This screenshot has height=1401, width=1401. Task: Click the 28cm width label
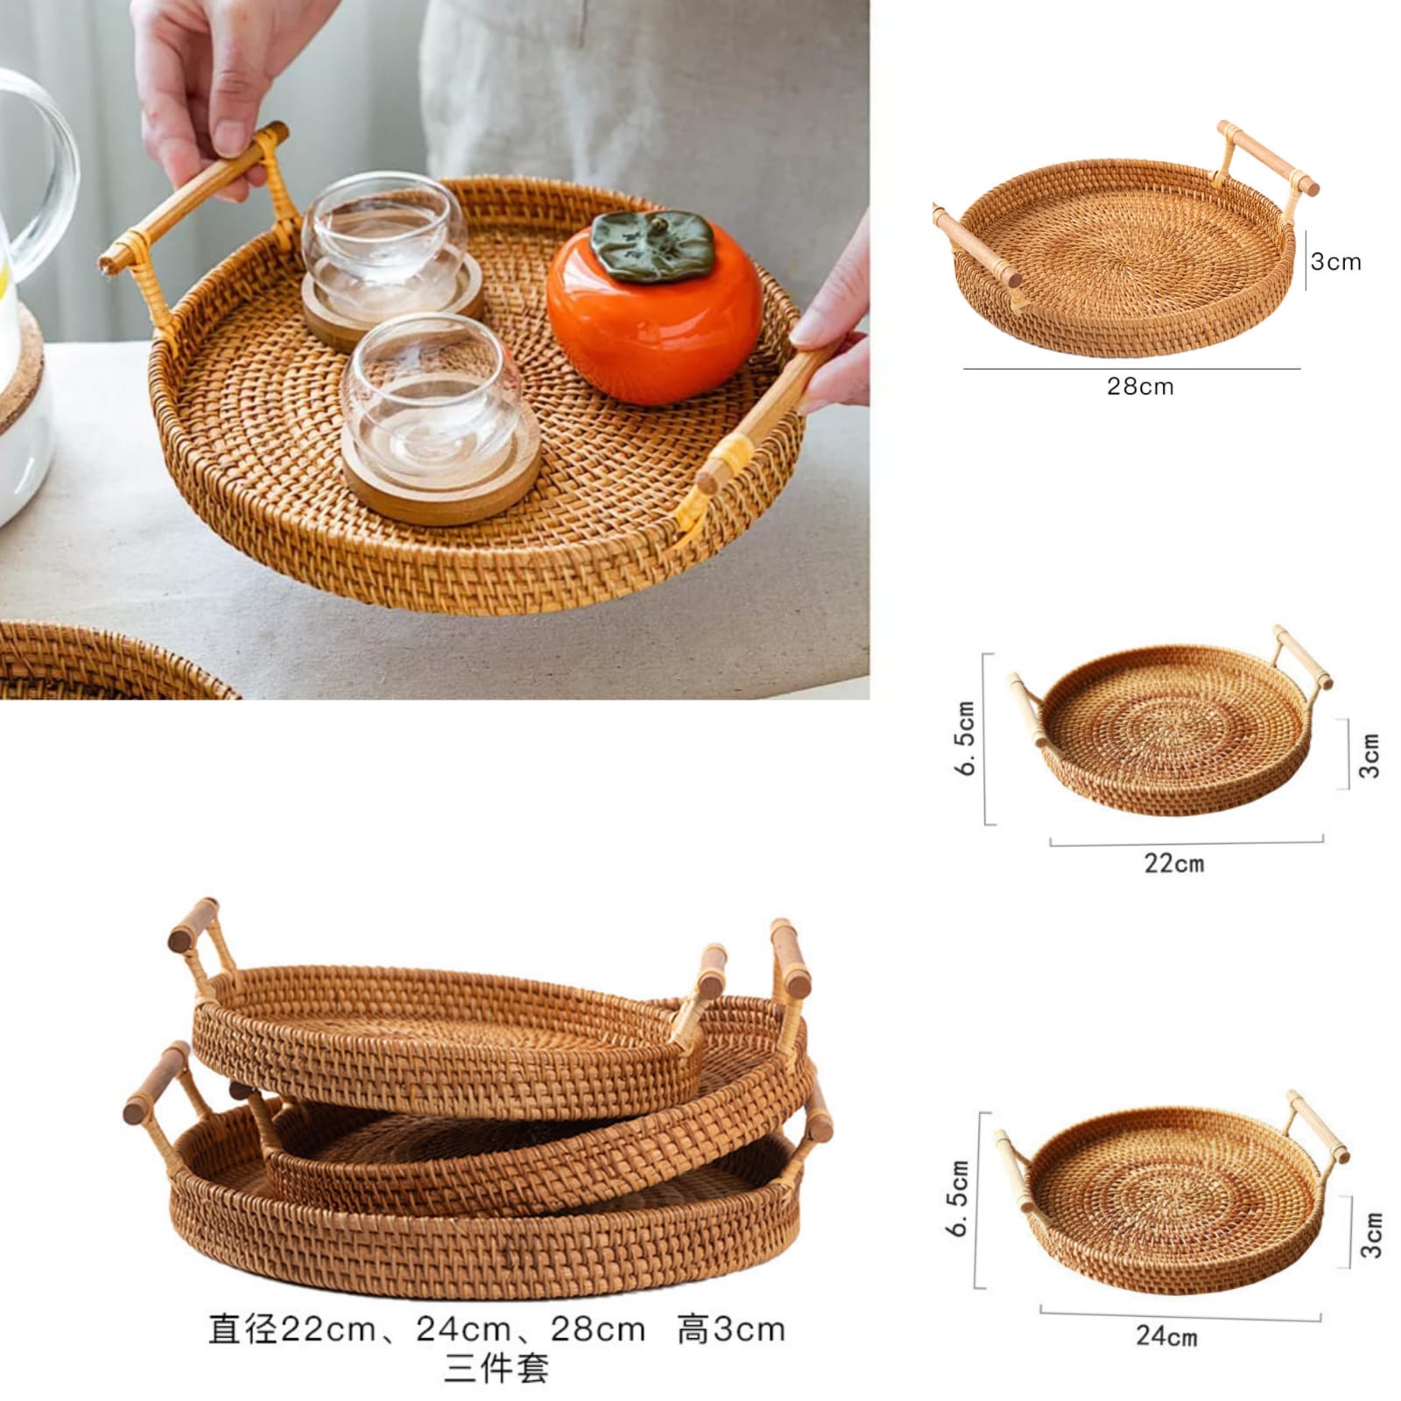point(1140,386)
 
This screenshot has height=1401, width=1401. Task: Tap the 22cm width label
point(1173,863)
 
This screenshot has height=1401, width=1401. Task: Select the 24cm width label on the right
point(1166,1336)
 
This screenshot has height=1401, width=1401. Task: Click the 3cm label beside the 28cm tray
point(1335,261)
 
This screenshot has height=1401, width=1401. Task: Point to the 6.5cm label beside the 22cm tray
point(965,737)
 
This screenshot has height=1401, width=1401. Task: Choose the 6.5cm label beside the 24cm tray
point(960,1198)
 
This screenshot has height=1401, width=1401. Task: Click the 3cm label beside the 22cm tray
point(1369,756)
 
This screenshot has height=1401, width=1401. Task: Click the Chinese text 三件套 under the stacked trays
point(496,1369)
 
